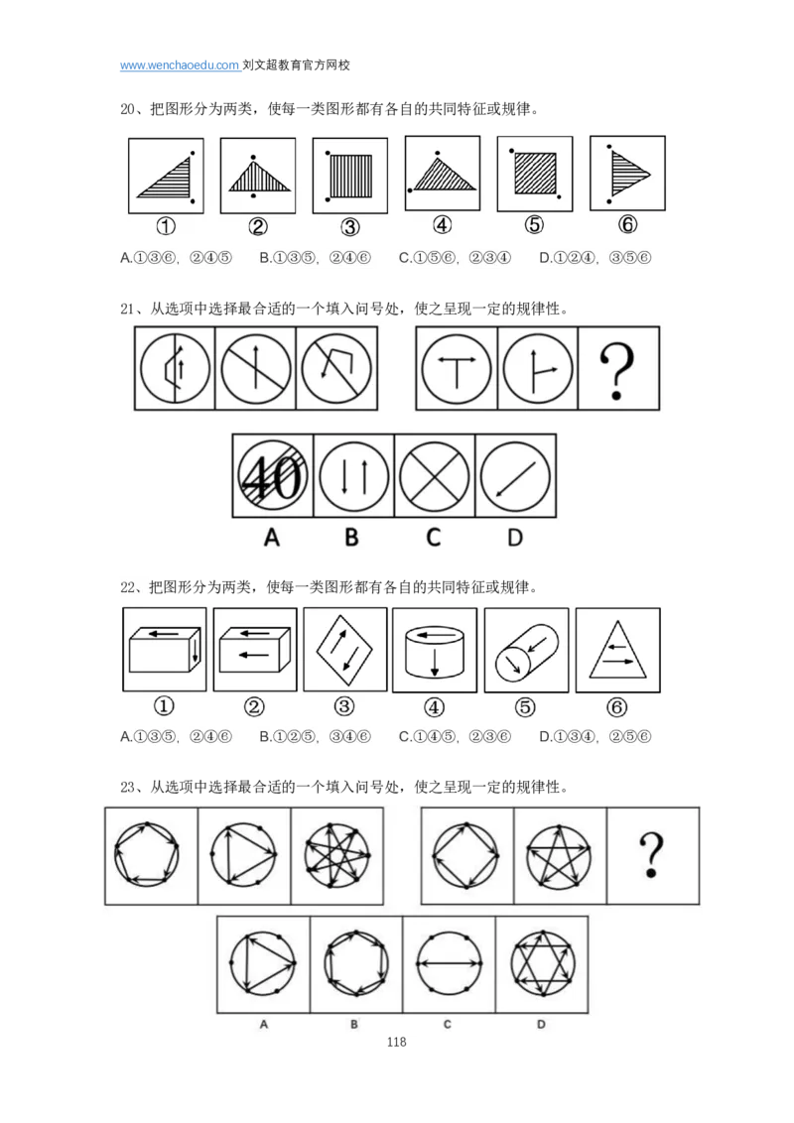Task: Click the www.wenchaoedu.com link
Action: (180, 65)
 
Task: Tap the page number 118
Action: (396, 1042)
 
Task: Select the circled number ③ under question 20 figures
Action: (349, 227)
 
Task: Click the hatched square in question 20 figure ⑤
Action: (535, 173)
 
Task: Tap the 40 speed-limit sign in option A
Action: (272, 475)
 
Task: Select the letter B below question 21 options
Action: (351, 537)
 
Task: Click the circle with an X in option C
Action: (434, 475)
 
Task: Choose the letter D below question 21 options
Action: (514, 537)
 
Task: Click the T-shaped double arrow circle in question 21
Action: (457, 369)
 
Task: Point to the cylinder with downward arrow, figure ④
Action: (435, 651)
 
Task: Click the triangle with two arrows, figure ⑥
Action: (617, 651)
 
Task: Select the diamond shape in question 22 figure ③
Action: (344, 651)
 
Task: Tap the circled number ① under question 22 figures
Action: (164, 706)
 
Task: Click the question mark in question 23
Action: (651, 854)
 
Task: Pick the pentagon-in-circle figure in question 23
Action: (147, 854)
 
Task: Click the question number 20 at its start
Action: (128, 109)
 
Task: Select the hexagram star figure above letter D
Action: (543, 963)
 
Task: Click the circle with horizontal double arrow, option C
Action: (449, 963)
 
